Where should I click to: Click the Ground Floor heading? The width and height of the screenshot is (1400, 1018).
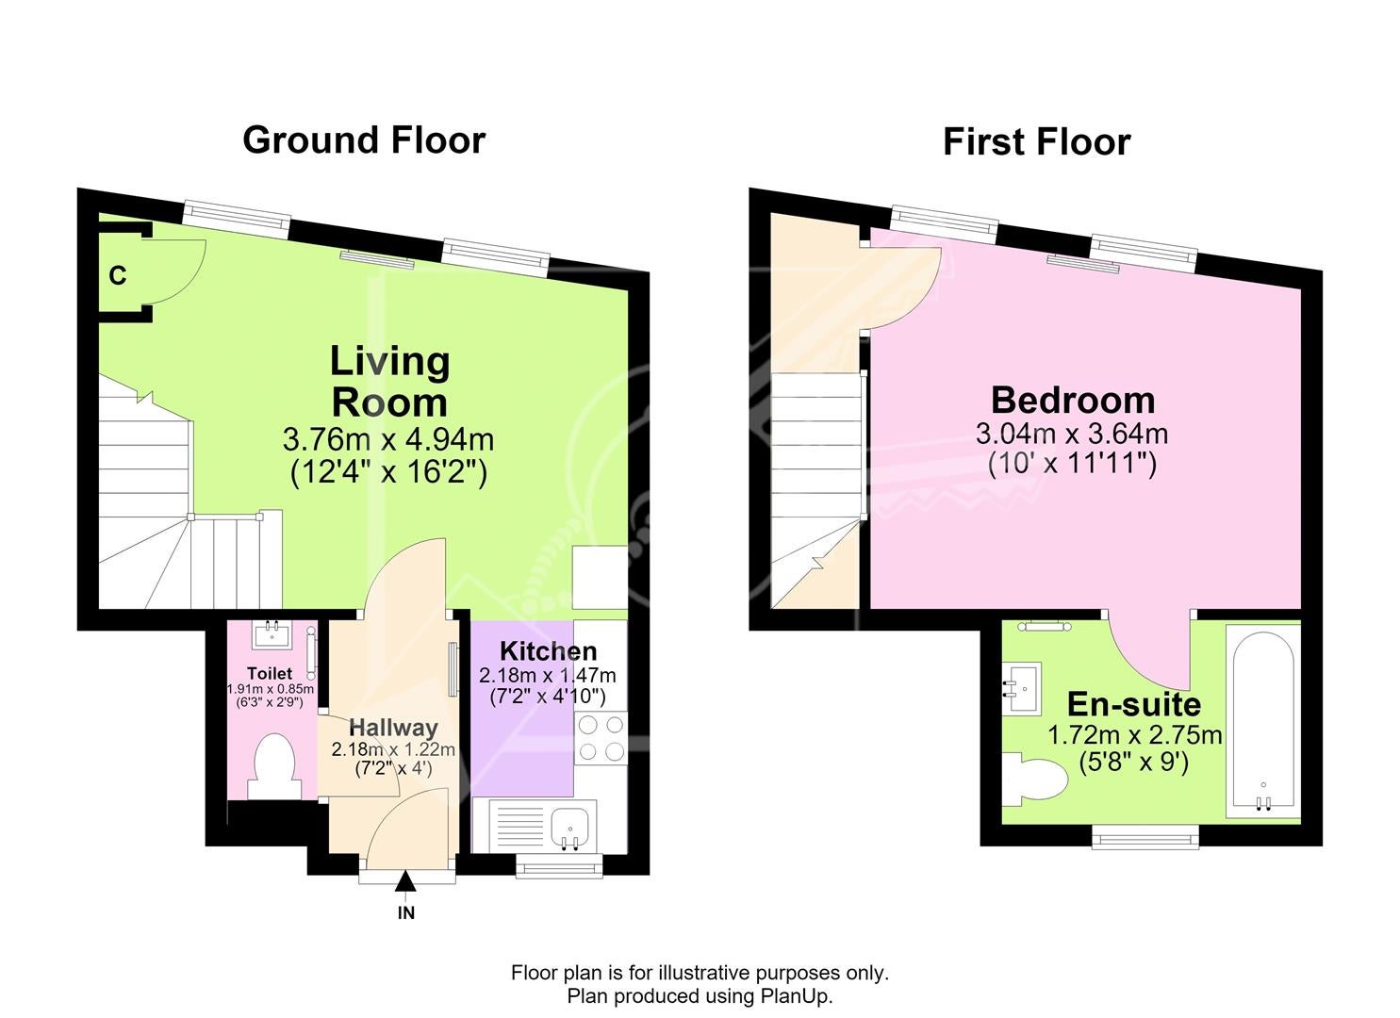(x=364, y=140)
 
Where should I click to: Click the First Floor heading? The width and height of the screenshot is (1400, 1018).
(x=1036, y=141)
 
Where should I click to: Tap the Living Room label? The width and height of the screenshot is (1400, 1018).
(x=389, y=381)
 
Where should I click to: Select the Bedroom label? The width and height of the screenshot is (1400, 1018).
(x=1073, y=400)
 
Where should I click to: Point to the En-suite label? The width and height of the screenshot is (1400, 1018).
(x=1134, y=704)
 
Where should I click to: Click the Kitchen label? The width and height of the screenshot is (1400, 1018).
(x=548, y=651)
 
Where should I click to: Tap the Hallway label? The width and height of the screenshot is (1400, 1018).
(x=393, y=728)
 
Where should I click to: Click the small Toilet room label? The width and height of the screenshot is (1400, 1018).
(x=270, y=673)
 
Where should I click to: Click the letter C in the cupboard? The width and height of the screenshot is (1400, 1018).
(x=118, y=275)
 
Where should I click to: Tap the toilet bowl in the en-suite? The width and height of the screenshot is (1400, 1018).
(x=1034, y=780)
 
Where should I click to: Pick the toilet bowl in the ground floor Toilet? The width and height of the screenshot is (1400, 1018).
(x=274, y=765)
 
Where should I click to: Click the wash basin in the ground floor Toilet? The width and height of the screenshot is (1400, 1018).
(x=272, y=634)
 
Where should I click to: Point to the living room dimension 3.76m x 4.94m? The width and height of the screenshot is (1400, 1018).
(x=388, y=439)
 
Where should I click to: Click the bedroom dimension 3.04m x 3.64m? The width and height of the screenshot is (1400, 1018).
(x=1072, y=433)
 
